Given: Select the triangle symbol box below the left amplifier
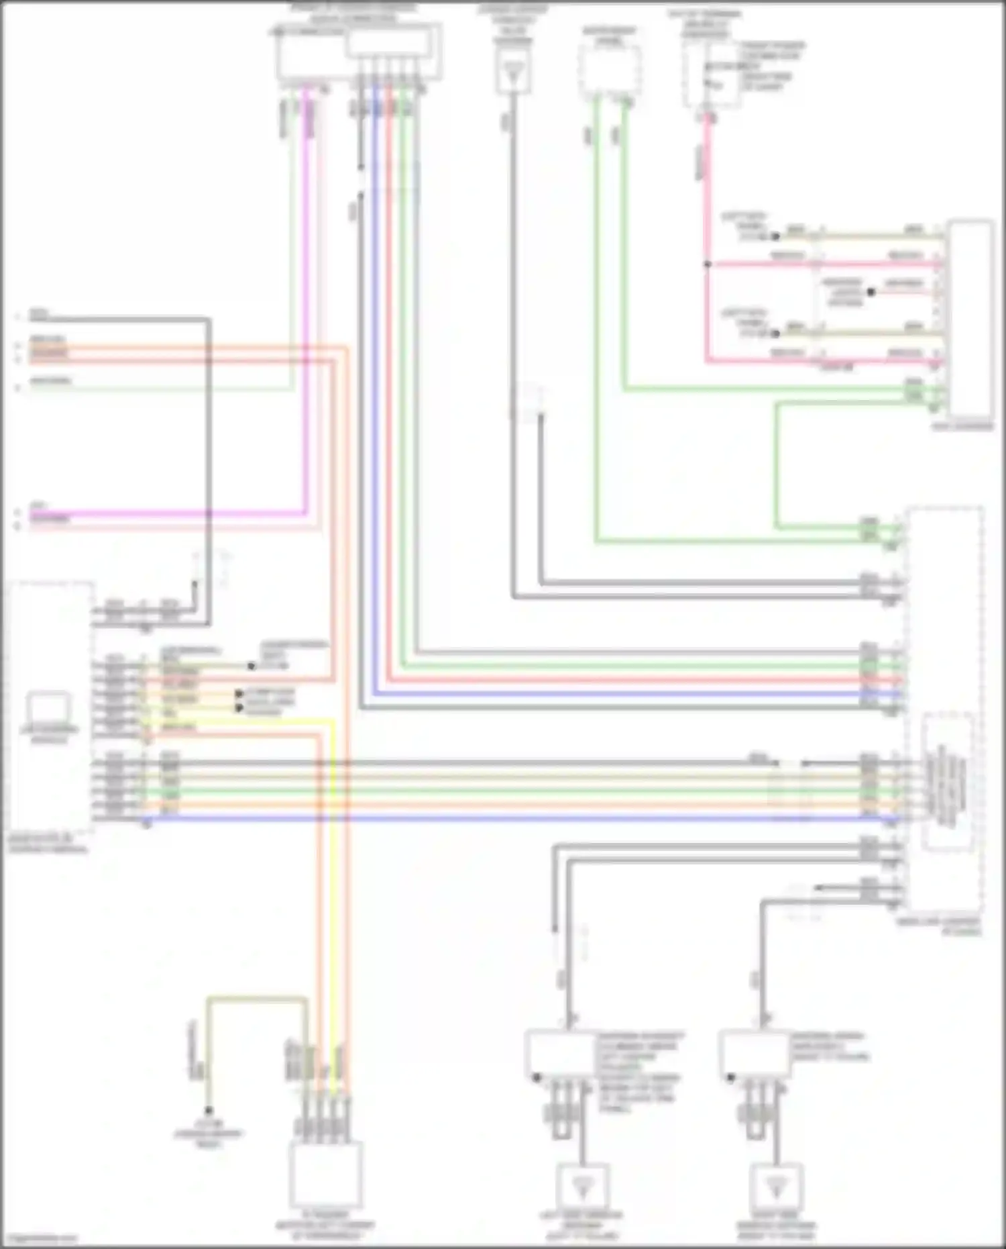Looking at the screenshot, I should (x=582, y=1187).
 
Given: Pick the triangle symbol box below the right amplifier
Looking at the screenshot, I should (x=776, y=1187).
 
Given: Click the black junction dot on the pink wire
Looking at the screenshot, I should (x=707, y=264).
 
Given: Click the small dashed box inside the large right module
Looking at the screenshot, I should (x=947, y=783).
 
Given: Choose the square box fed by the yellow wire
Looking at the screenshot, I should (x=326, y=1175).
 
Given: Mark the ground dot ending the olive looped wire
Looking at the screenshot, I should (x=209, y=1111).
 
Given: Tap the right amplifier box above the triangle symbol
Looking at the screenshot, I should (x=754, y=1054).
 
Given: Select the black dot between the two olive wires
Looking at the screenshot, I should (x=871, y=293).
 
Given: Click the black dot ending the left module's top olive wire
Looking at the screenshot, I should (x=251, y=666).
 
